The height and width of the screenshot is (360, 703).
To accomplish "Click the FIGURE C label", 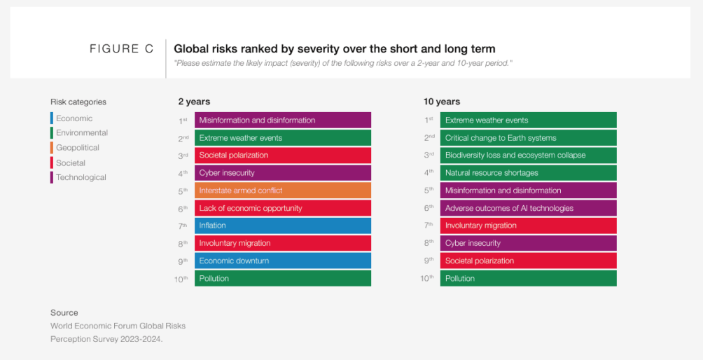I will tap(121, 49).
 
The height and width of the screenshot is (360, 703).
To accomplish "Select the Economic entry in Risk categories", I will tap(74, 118).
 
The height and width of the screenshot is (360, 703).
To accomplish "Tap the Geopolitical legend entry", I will tap(77, 148).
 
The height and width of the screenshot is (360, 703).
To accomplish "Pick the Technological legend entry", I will tap(81, 177).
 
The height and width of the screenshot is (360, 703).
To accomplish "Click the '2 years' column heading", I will tap(194, 102).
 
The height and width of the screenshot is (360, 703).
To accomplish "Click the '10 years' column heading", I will tap(442, 102).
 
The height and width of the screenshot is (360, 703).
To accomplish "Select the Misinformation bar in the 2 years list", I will tap(282, 120).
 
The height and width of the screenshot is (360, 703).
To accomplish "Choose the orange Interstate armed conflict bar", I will tap(282, 191).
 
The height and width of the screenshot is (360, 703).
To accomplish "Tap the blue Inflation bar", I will tap(282, 226).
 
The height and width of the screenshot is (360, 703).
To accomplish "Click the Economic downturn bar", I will tap(282, 261).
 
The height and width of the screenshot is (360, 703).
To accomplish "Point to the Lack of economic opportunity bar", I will tap(282, 208).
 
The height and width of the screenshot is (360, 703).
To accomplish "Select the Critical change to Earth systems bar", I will tap(528, 138).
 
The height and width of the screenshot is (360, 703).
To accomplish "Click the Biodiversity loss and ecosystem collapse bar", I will tap(528, 155).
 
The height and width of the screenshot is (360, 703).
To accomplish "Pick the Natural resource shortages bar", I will tap(528, 173).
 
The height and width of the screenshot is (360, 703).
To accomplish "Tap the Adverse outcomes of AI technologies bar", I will tap(528, 208).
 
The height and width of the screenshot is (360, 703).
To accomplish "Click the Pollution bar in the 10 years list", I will tap(528, 278).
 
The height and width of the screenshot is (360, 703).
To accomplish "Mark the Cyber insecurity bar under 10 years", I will tap(528, 243).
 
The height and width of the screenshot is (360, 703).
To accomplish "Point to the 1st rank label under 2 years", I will tap(183, 120).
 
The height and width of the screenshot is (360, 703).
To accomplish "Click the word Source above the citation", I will tap(64, 312).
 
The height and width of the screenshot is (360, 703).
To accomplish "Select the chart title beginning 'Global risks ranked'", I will tap(334, 49).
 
